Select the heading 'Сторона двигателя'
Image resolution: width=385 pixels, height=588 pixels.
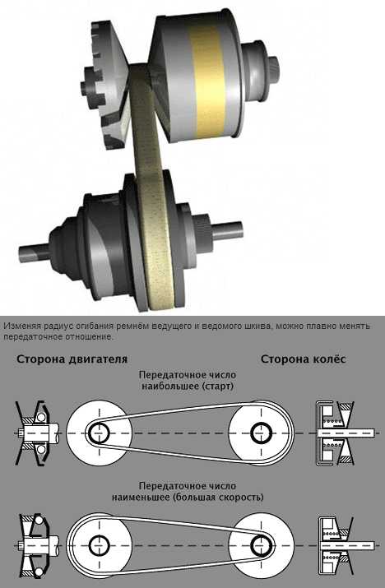click(72, 359)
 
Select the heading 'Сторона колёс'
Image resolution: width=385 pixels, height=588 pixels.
click(304, 359)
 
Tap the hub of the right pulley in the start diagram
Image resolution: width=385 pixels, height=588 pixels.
click(262, 432)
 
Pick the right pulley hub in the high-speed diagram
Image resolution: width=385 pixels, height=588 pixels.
click(262, 544)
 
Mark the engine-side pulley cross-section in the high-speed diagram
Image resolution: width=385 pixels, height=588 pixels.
click(35, 544)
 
